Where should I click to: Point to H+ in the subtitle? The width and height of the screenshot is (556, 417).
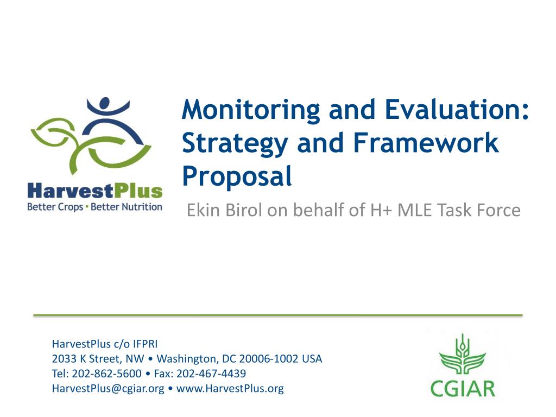pyautogui.click(x=381, y=210)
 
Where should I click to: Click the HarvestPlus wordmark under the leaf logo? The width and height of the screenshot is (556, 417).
pyautogui.click(x=95, y=191)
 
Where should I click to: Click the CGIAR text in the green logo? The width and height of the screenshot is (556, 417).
pyautogui.click(x=463, y=389)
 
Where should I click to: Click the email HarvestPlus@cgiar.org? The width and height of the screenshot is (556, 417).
pyautogui.click(x=108, y=388)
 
